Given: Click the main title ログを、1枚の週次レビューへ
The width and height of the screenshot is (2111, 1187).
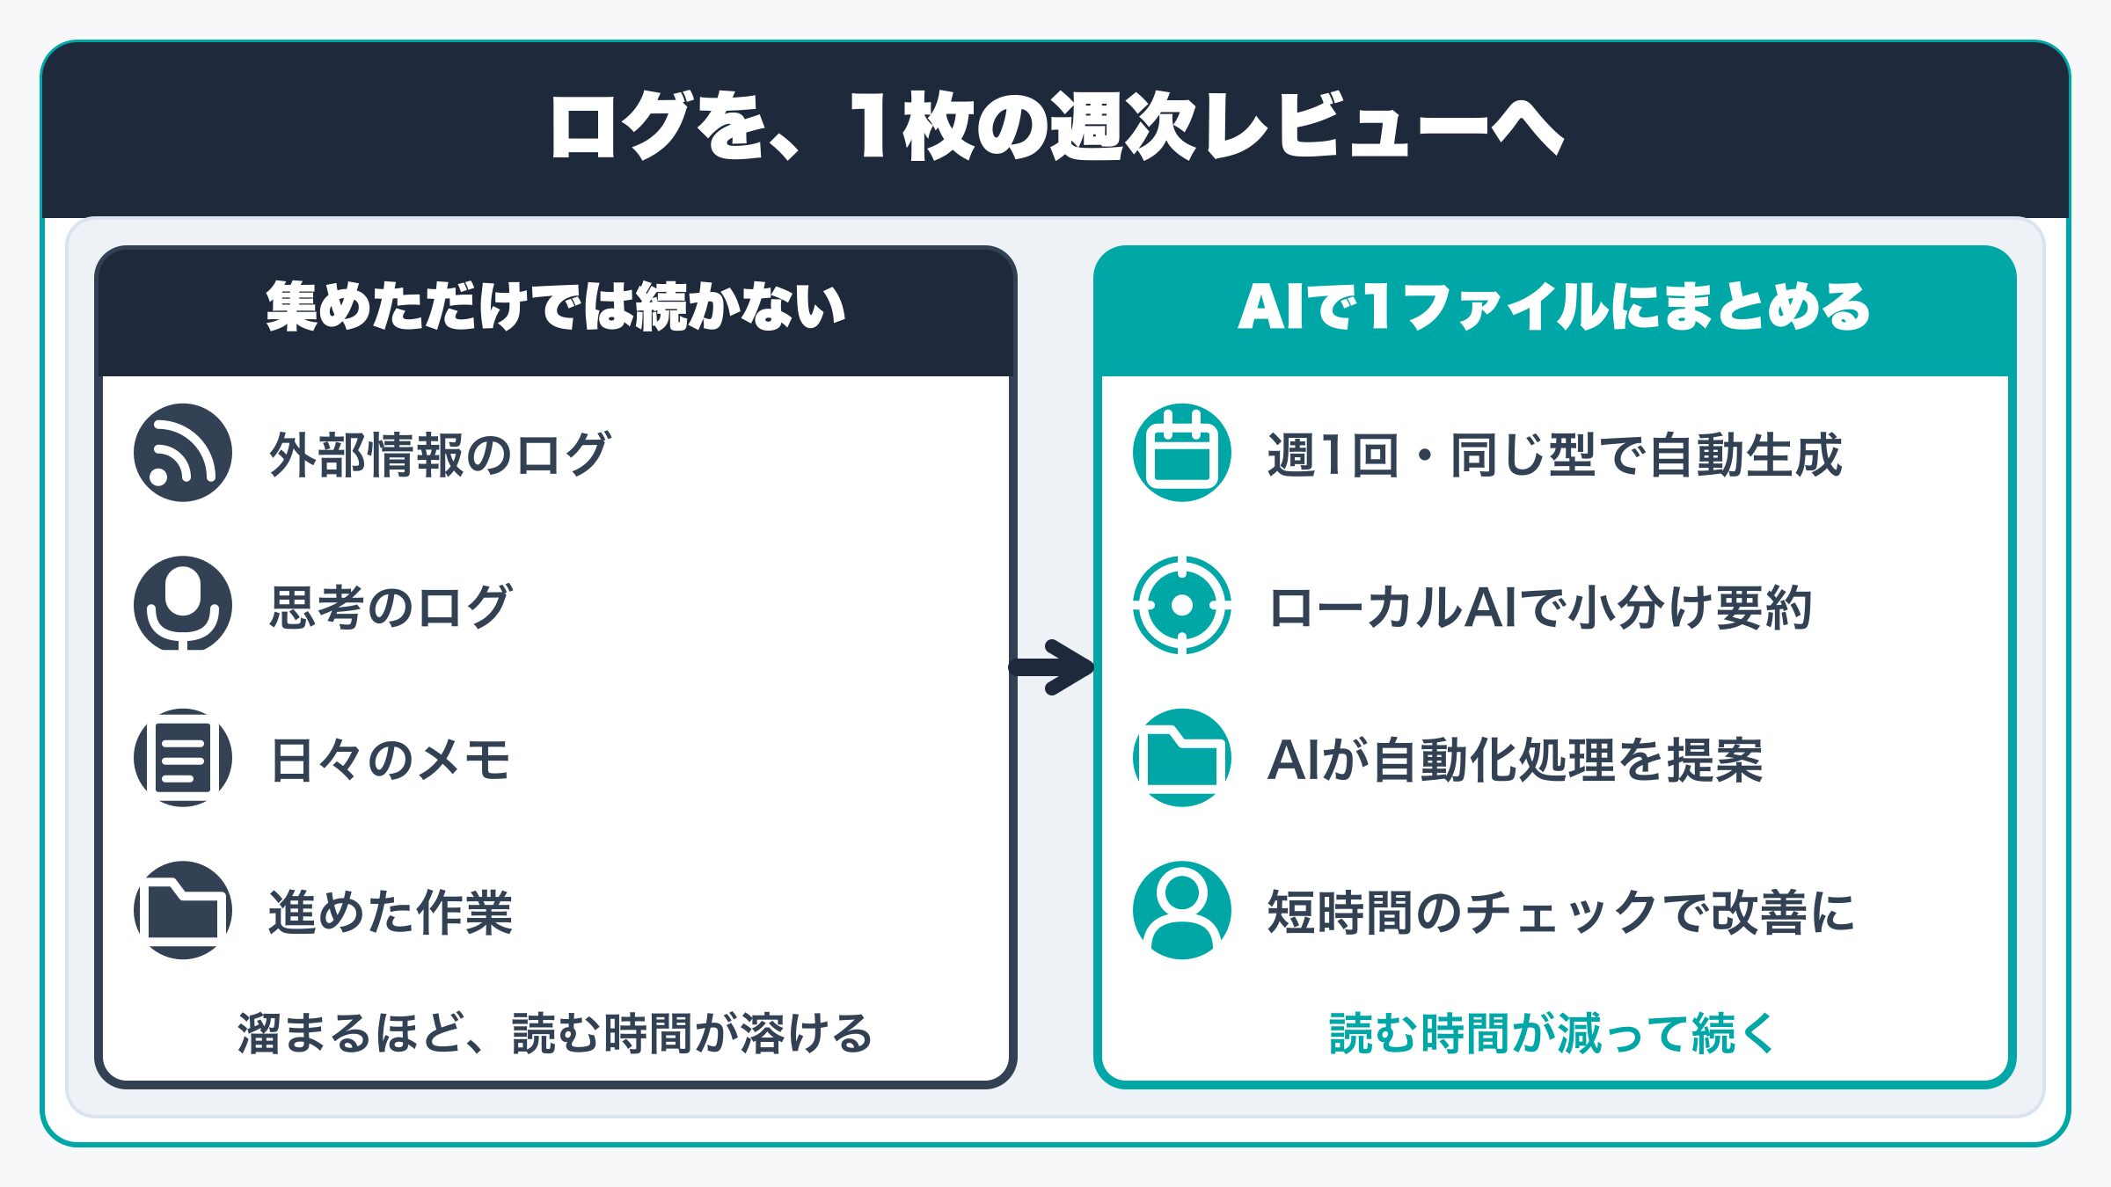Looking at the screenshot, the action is coord(1055,127).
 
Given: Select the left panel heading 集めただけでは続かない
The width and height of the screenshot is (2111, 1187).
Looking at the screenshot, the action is coord(556,307).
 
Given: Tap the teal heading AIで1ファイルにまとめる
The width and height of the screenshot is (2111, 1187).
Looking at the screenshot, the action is coord(1554,307).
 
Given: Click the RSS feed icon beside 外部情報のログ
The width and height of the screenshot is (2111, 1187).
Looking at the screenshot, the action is coord(183,453).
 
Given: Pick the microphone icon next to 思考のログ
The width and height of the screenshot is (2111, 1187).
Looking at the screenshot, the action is coord(183,605).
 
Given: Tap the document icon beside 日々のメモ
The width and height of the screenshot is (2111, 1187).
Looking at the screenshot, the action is coord(183,758).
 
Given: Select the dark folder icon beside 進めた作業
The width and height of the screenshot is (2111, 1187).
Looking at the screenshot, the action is coord(183,910).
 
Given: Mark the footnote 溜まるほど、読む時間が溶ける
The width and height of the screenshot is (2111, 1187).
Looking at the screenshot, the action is coord(555,1033).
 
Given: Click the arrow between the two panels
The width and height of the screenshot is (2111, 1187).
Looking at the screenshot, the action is coord(1052,667).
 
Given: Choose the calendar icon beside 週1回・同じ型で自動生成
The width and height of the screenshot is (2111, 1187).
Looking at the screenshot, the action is coord(1182,453).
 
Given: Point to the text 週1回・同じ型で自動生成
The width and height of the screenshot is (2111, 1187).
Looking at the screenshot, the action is coord(1554,455).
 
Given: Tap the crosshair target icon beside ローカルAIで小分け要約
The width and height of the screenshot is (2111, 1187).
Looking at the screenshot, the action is coord(1182,605).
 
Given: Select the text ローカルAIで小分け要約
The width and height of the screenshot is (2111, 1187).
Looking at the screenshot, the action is coord(1540,607).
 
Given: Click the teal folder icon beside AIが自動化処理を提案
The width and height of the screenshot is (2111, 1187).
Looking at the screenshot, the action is coord(1182,758).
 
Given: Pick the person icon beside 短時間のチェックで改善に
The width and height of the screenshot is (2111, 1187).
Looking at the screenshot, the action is coord(1182,910).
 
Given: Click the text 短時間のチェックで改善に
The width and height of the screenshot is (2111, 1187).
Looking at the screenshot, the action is coord(1561,912).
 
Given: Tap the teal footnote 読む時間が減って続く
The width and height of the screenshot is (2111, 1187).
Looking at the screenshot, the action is coord(1553,1033).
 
